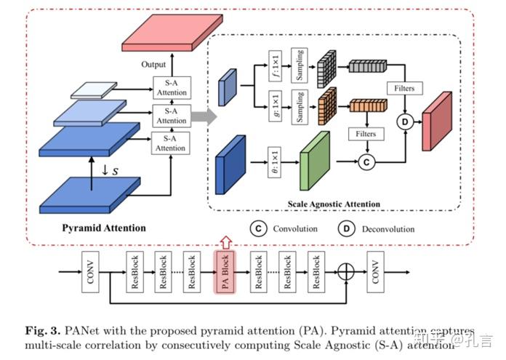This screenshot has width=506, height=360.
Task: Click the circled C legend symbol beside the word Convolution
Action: click(258, 228)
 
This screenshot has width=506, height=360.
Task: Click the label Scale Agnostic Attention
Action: click(334, 204)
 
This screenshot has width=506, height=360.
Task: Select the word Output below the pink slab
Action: click(153, 65)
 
